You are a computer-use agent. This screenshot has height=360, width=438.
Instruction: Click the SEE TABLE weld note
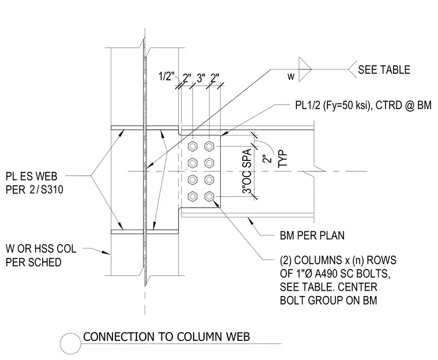(x=384, y=70)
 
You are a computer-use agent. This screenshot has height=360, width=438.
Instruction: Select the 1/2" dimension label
(x=167, y=76)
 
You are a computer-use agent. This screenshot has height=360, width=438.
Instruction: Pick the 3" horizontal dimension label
(x=201, y=78)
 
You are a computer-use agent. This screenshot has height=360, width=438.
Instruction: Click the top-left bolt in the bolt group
(x=192, y=147)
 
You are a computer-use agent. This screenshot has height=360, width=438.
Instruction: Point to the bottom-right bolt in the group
(x=209, y=197)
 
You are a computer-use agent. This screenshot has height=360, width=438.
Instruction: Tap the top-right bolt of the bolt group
(x=209, y=147)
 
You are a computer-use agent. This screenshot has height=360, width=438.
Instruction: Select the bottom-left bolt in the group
(x=192, y=197)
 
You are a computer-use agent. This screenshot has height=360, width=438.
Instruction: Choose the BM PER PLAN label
(x=312, y=235)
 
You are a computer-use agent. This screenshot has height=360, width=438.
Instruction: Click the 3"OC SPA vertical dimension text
(x=247, y=171)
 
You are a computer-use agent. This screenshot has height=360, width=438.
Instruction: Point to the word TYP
(x=283, y=159)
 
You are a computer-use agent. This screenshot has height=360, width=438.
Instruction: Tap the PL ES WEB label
(x=31, y=176)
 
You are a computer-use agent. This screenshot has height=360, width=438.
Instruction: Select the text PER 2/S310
(x=35, y=190)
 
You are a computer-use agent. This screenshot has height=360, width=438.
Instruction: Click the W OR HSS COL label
(x=41, y=249)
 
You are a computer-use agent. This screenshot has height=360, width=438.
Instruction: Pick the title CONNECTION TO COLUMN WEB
(x=167, y=337)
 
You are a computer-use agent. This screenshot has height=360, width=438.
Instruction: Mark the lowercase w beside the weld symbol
(x=291, y=76)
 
